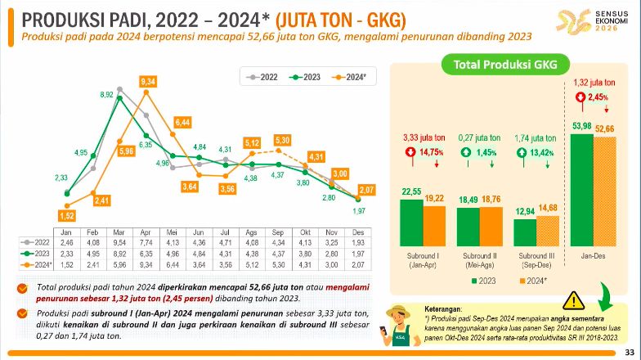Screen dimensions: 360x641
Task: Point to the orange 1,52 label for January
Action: point(67,215)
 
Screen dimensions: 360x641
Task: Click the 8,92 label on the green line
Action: point(106,95)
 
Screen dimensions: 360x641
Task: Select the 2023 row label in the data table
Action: point(40,254)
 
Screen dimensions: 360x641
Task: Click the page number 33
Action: point(629,352)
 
